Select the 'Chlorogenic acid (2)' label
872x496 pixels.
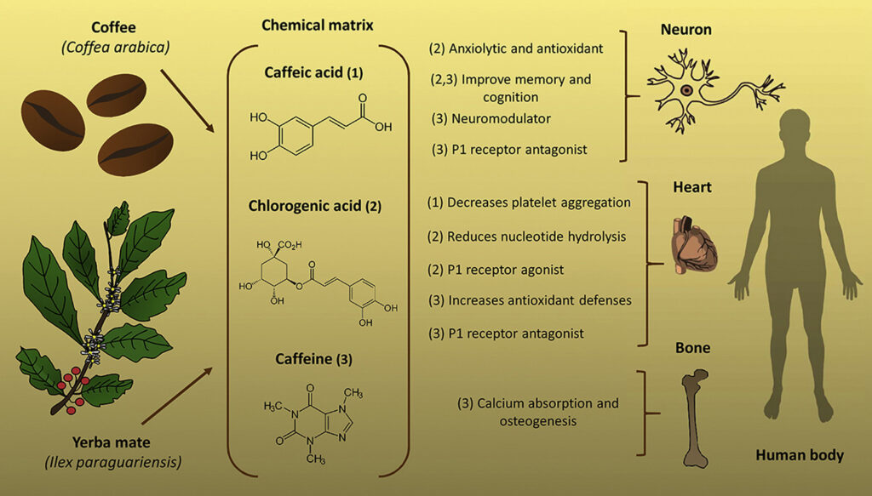click(x=316, y=206)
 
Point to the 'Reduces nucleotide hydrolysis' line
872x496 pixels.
click(x=527, y=236)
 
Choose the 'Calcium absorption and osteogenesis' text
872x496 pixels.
click(x=536, y=412)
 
